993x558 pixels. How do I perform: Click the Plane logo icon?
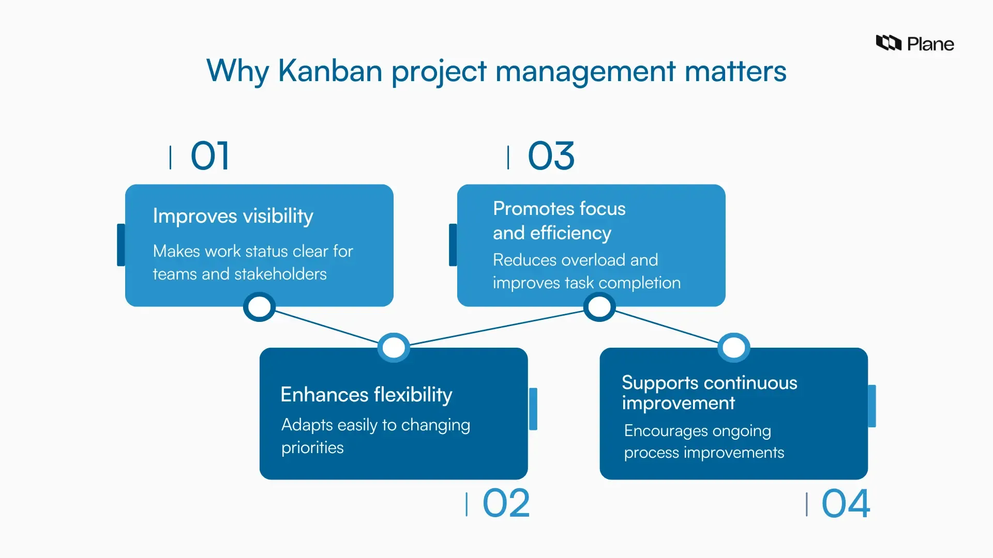(x=888, y=43)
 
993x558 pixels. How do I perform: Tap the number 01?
(x=209, y=156)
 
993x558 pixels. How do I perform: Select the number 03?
(x=551, y=156)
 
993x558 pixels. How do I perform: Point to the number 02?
(x=506, y=503)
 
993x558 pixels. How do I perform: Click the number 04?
(x=846, y=503)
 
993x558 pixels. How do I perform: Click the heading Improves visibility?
(x=233, y=216)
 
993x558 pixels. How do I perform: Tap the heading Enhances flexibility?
(x=366, y=395)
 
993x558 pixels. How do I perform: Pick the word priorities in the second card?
(x=312, y=447)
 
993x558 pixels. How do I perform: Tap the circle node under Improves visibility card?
(x=259, y=307)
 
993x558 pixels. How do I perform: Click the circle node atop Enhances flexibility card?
(x=394, y=347)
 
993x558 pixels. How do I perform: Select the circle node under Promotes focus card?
(x=599, y=307)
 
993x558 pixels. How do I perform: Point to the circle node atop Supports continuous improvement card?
(x=733, y=347)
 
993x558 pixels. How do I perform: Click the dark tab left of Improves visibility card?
(x=121, y=245)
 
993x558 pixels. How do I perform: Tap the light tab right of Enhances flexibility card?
(x=533, y=409)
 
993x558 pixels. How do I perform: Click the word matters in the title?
(x=735, y=71)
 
